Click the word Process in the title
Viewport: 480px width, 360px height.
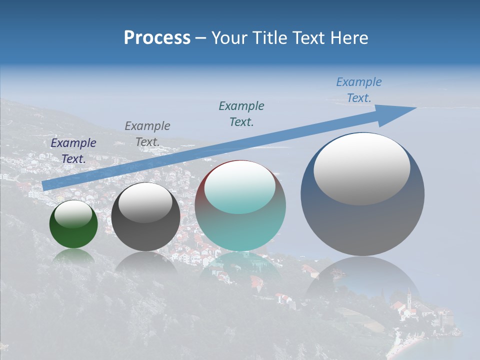pos(157,38)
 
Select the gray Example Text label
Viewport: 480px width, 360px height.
pos(147,134)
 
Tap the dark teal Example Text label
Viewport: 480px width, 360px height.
pos(241,114)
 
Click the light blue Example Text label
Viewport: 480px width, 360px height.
pos(359,90)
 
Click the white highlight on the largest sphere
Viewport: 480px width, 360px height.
pos(361,169)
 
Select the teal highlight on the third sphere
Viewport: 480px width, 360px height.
pos(240,188)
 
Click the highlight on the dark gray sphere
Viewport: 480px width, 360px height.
pos(145,203)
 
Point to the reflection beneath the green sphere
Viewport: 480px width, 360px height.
pos(73,256)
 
